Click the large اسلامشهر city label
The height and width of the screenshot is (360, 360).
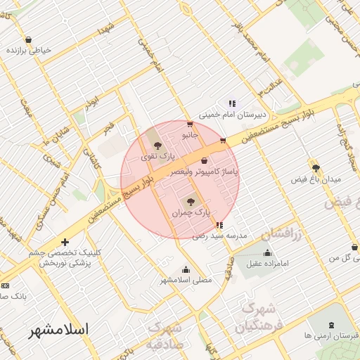(59, 330)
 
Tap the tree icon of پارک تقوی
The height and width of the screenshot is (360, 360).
(157, 144)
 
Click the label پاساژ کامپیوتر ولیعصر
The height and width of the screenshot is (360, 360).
(208, 171)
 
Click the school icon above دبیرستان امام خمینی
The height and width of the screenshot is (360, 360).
(232, 104)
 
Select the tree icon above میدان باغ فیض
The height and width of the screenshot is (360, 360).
(316, 168)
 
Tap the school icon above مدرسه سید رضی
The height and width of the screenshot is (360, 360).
(220, 226)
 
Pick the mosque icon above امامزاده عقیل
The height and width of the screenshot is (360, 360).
(266, 253)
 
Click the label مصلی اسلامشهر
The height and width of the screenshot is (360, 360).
(184, 279)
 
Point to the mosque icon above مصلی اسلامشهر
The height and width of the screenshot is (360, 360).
(186, 269)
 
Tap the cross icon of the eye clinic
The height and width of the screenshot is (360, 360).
(65, 242)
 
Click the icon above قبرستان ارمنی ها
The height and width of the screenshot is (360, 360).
(332, 323)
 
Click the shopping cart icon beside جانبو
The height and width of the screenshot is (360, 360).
(190, 124)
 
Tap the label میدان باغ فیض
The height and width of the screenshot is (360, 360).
(316, 179)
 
